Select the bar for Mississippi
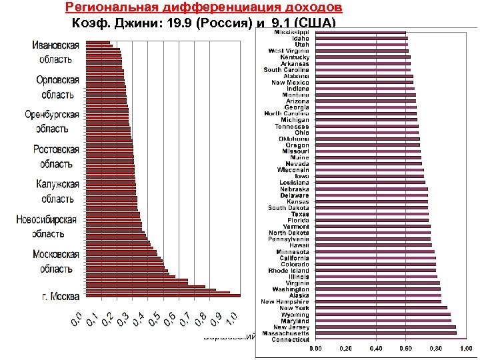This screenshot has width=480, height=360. [360, 32]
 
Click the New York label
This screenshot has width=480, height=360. [294, 308]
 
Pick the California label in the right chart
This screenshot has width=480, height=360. [294, 258]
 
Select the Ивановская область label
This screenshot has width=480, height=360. [56, 52]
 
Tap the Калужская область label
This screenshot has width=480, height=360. [57, 191]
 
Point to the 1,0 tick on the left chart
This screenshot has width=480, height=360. [230, 318]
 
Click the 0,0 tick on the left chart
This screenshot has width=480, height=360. [77, 319]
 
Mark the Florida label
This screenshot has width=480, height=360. [298, 220]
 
